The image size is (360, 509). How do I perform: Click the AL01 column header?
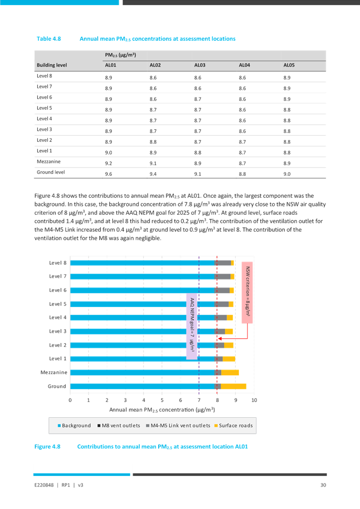tap(110, 65)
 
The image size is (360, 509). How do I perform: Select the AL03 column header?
tap(199, 65)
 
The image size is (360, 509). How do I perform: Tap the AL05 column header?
tap(289, 65)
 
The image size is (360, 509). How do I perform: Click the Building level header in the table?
tap(52, 65)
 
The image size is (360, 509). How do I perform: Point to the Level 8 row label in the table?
tap(44, 76)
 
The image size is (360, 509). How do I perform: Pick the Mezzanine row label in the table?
tap(48, 162)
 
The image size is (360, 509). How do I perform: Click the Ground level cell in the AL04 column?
tap(244, 173)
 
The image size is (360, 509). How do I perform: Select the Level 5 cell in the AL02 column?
tap(154, 110)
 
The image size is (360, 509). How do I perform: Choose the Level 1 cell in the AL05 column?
tap(288, 151)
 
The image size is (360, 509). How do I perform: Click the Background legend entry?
tap(73, 425)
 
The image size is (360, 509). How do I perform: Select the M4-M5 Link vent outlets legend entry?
tap(177, 425)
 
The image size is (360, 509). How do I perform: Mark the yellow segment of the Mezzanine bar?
tap(230, 373)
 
